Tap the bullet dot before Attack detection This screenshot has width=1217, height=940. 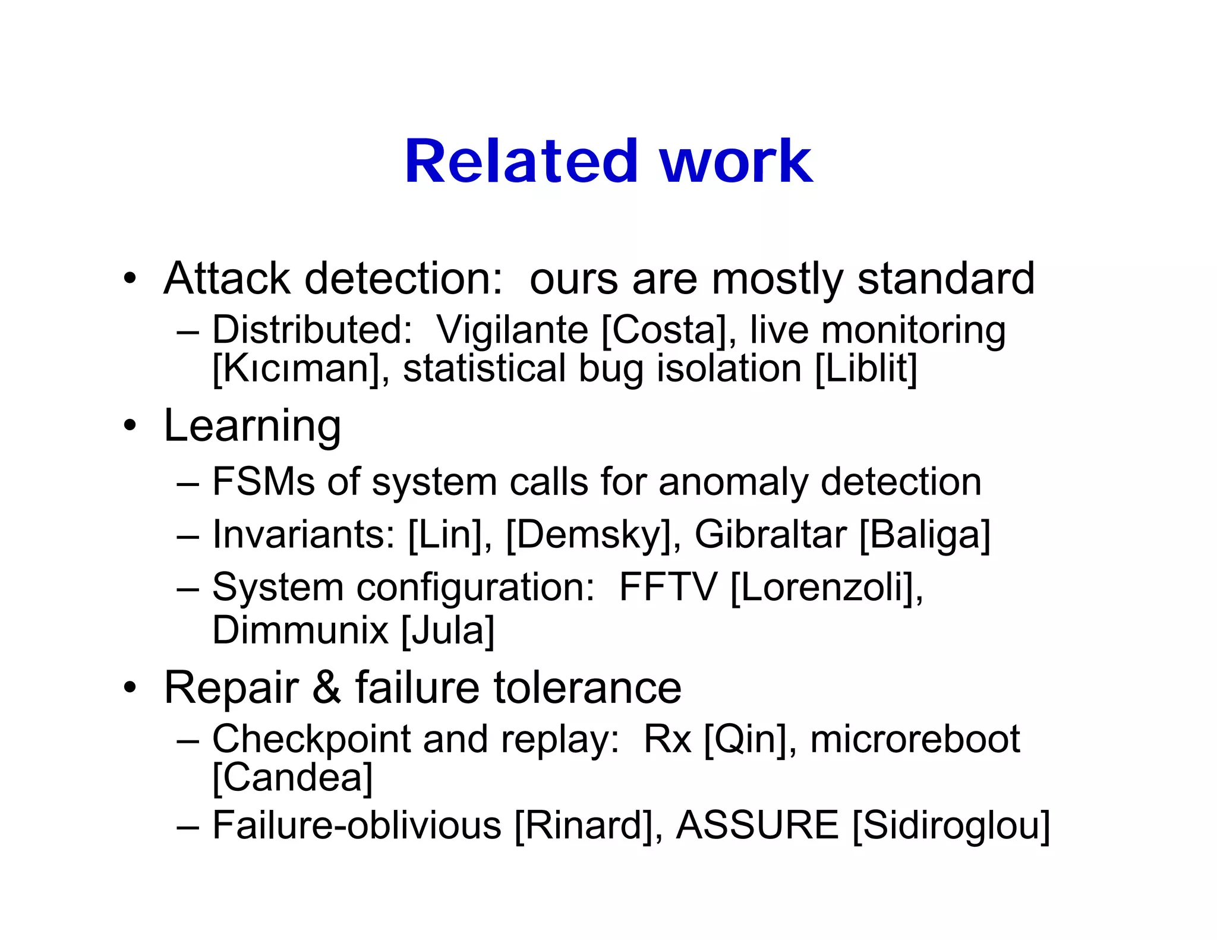130,278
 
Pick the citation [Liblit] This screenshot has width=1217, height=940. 866,369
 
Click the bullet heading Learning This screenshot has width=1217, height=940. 252,426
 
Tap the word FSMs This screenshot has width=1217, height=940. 263,481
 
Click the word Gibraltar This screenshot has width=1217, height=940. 770,534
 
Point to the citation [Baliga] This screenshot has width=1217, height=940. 925,535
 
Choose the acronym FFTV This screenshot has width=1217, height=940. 667,587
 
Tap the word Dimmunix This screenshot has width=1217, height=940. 300,630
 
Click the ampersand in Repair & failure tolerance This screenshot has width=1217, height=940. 326,687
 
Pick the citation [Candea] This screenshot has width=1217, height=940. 292,778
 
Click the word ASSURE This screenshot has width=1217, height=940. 757,825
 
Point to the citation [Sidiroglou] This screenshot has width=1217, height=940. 951,826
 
